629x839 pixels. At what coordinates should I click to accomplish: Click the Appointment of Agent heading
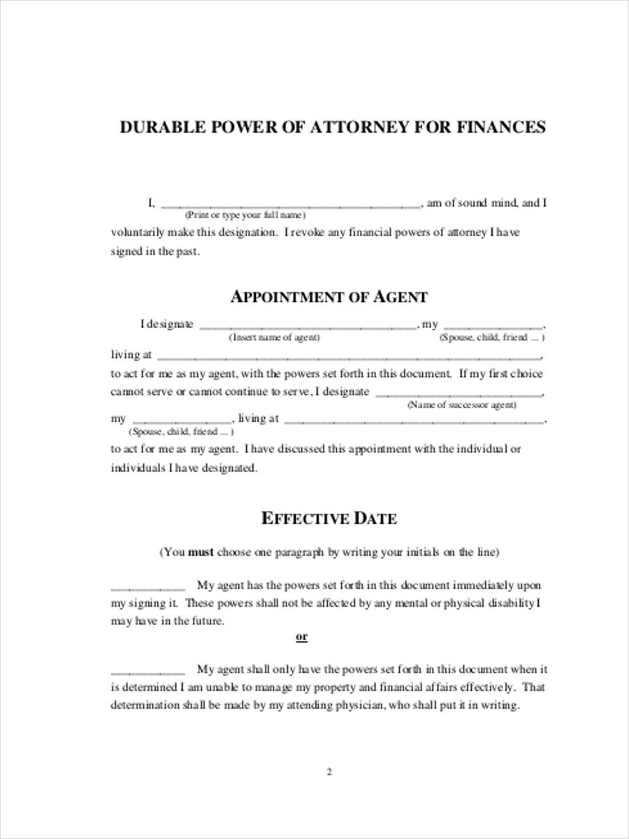[x=328, y=296]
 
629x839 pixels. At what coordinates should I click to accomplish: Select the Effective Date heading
[x=328, y=518]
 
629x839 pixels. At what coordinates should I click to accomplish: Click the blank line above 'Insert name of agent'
[x=308, y=327]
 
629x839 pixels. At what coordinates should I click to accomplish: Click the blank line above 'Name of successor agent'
[x=459, y=395]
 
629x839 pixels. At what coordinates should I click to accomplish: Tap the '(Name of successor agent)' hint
[x=462, y=405]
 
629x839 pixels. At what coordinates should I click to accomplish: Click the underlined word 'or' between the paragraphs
[x=302, y=637]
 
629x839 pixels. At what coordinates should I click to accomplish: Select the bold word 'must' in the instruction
[x=201, y=552]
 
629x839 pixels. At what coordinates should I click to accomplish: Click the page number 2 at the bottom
[x=328, y=773]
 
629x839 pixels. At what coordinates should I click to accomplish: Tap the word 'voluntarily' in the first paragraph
[x=137, y=233]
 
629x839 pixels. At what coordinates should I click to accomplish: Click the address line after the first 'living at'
[x=347, y=357]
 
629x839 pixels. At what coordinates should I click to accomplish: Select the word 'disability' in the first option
[x=511, y=603]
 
